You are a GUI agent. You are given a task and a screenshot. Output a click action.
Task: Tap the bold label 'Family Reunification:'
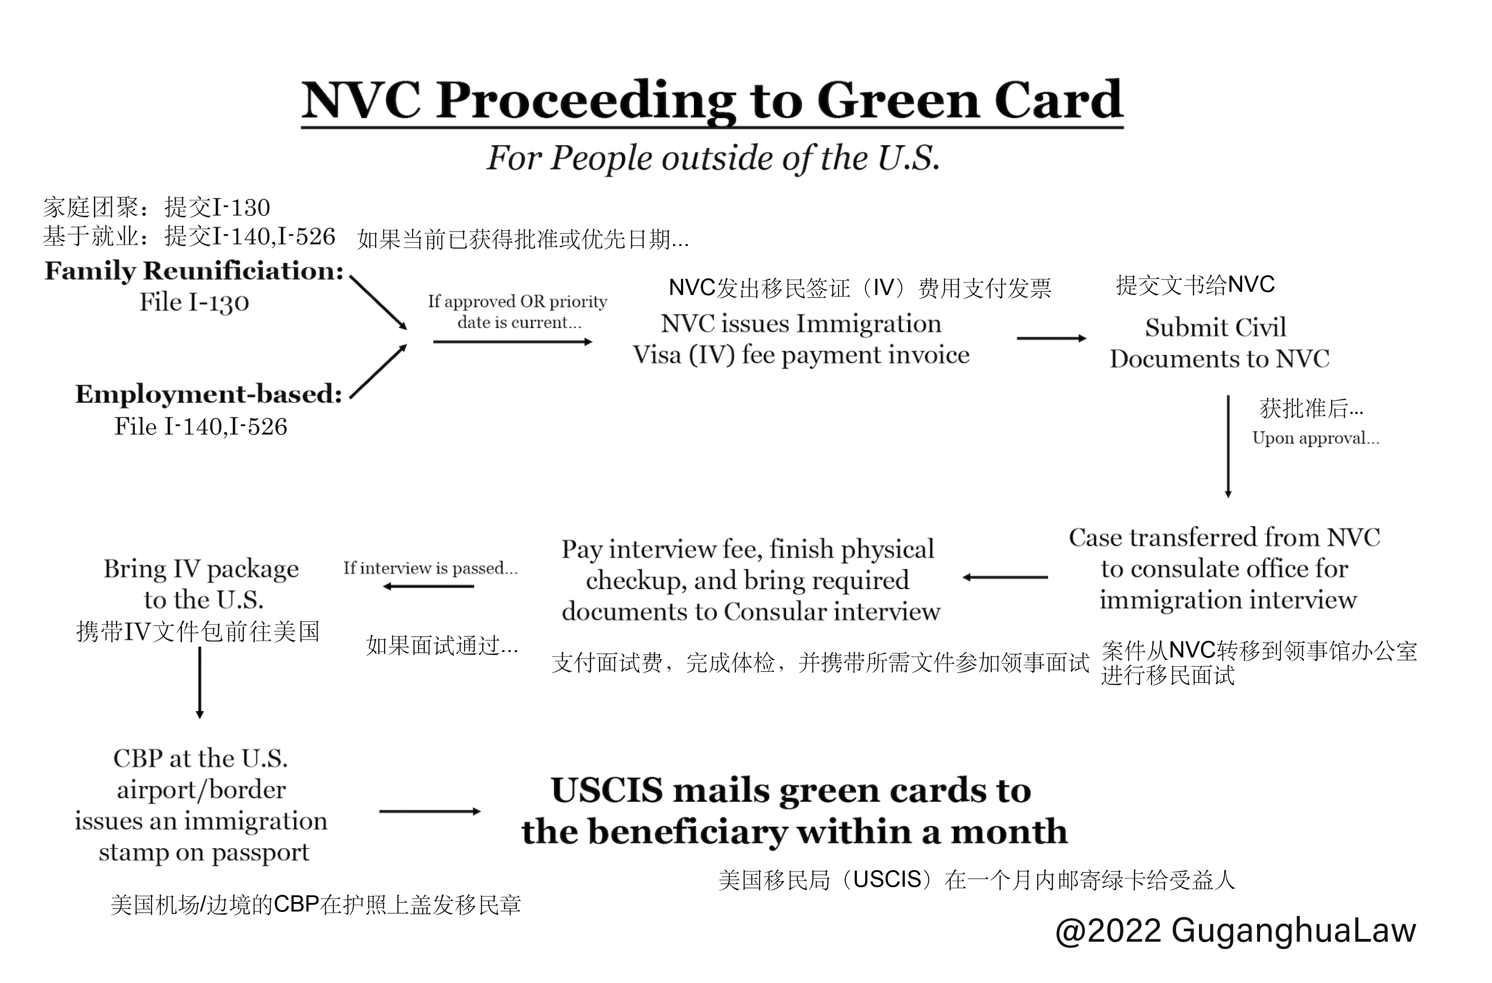(x=194, y=271)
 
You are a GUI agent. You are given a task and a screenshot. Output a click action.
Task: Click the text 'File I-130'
(x=194, y=302)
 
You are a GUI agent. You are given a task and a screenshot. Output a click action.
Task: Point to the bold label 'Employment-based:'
(x=209, y=394)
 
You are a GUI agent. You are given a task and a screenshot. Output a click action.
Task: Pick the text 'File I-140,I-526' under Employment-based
(x=200, y=427)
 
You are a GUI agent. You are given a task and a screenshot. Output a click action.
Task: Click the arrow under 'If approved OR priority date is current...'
(x=512, y=342)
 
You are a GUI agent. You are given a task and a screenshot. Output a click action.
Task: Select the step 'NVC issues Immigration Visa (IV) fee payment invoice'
(x=801, y=340)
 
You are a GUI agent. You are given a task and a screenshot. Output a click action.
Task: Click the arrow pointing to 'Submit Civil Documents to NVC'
(x=1051, y=339)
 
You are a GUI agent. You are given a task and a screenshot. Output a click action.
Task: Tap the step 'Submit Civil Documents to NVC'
(x=1219, y=343)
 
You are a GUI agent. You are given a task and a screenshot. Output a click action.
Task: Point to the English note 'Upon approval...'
(x=1315, y=438)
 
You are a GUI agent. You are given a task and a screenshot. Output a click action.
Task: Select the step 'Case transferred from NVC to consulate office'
(x=1224, y=568)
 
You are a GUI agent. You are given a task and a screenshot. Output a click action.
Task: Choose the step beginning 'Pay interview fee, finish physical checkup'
(x=750, y=580)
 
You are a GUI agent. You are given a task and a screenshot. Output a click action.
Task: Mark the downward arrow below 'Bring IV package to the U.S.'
(x=200, y=683)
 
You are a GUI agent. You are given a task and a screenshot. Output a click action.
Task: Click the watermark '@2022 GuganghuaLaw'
(x=1235, y=930)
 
